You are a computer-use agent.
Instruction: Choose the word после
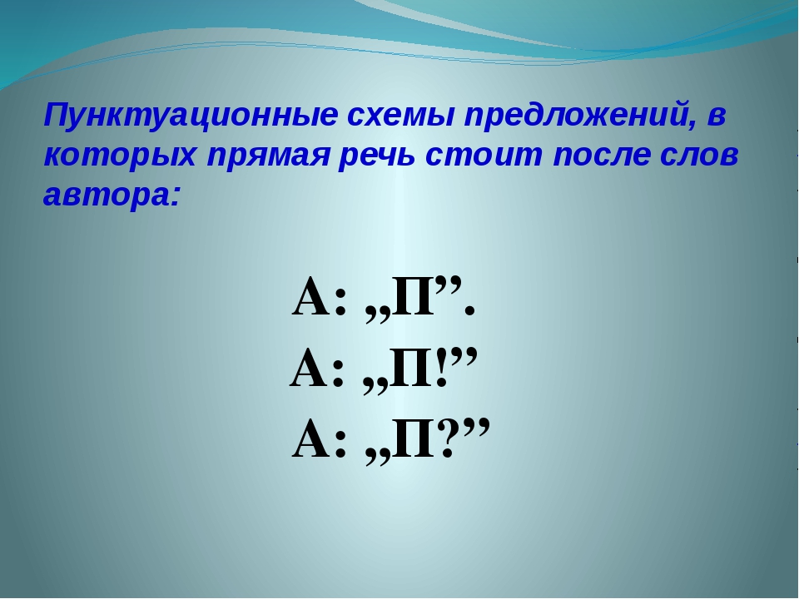(601, 155)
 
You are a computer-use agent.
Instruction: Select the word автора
(108, 196)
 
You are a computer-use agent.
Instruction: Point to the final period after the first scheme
(469, 310)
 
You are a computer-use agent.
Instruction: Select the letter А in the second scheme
(310, 368)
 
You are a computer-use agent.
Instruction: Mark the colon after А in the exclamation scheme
(337, 375)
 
